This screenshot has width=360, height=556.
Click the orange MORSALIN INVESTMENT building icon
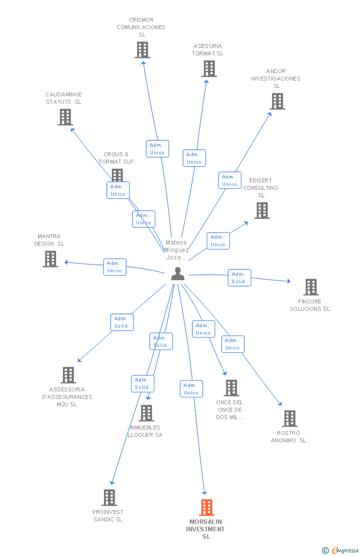(207, 508)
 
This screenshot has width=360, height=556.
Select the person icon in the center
(178, 274)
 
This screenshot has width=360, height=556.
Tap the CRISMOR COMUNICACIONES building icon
(142, 50)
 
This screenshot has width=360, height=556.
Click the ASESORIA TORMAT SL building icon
(209, 69)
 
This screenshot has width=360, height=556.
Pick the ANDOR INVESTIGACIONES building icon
(277, 101)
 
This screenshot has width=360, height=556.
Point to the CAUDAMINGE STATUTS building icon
(65, 117)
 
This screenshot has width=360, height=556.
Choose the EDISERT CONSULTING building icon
(262, 211)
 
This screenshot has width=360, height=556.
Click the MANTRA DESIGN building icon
(50, 259)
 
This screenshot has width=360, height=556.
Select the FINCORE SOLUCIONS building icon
(311, 287)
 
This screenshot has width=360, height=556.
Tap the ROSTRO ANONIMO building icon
(290, 419)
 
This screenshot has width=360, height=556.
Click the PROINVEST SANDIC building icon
(109, 498)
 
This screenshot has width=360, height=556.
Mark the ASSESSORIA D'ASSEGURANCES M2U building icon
(68, 375)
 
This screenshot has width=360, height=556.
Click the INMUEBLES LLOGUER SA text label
(145, 431)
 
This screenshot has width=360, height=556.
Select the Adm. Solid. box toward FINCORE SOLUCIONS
(239, 278)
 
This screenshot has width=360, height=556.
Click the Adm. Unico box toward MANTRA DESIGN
(115, 267)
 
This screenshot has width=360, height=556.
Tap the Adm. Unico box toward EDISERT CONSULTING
(218, 241)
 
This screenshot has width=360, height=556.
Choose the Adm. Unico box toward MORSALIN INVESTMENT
(191, 389)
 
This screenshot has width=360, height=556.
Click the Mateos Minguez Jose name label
(177, 250)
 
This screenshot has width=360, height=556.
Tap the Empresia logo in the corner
(341, 550)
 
